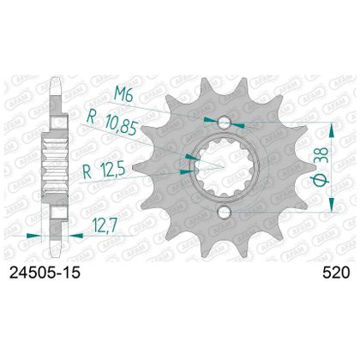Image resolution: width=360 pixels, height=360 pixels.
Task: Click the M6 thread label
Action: tap(123, 93)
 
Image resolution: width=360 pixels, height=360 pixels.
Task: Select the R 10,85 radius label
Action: tap(113, 122)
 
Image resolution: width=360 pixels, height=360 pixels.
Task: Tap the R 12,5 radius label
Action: tap(104, 171)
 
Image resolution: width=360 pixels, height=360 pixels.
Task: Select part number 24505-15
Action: tap(45, 273)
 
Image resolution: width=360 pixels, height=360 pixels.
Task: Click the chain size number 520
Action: tap(336, 273)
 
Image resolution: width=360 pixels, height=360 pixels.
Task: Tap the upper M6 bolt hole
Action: tap(225, 123)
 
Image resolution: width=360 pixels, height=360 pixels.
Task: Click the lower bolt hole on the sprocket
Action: tap(224, 212)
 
